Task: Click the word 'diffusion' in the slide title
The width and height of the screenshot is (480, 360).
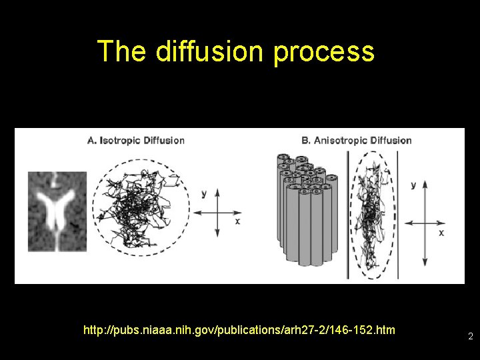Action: [x=210, y=51]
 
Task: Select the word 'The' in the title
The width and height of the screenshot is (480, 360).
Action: [x=121, y=51]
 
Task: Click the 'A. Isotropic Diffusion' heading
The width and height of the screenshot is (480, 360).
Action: [x=136, y=141]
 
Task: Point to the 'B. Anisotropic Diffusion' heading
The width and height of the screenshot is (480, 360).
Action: [x=356, y=141]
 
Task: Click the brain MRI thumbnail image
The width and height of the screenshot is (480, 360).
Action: [x=57, y=211]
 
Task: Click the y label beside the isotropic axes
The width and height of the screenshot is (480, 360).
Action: [x=203, y=193]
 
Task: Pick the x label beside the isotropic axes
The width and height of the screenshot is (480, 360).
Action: [x=237, y=221]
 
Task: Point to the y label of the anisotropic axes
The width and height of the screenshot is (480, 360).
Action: [x=413, y=184]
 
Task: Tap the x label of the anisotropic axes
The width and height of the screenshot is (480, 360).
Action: [x=441, y=233]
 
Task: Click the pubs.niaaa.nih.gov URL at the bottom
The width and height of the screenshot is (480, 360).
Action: [x=239, y=330]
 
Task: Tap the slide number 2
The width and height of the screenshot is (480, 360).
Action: [x=470, y=337]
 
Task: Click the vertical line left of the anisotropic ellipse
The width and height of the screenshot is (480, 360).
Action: [x=347, y=213]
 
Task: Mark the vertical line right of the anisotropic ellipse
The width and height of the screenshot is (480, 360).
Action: [x=398, y=213]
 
